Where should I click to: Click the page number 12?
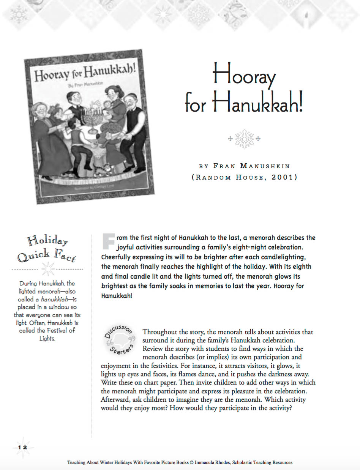[22, 448]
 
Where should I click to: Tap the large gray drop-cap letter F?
[108, 241]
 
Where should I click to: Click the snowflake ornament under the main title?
[244, 139]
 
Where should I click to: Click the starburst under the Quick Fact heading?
[48, 269]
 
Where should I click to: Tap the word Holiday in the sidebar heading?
[47, 241]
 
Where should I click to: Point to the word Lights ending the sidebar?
[47, 338]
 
